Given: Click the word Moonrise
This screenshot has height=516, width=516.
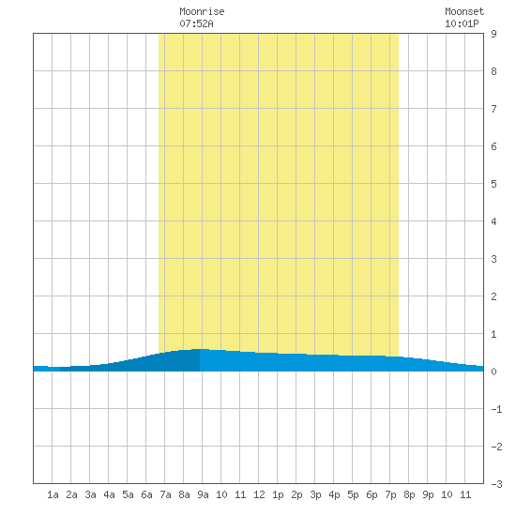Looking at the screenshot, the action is (202, 11).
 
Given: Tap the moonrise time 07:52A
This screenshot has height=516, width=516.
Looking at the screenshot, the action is (196, 23).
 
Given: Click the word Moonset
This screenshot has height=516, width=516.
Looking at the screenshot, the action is (464, 11).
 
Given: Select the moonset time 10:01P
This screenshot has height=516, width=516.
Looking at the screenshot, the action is (462, 23).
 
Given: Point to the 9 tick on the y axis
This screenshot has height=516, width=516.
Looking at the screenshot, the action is (493, 34).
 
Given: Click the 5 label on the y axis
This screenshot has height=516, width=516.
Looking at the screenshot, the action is (493, 184).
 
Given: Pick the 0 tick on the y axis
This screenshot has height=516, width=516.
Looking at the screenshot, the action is (493, 372).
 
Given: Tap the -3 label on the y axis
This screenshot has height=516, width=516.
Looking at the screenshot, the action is (496, 484).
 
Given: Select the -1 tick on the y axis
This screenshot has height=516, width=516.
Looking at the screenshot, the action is (496, 409).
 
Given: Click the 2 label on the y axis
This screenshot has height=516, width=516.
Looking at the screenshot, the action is (493, 296).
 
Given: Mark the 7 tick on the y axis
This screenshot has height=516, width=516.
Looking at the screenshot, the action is (493, 109).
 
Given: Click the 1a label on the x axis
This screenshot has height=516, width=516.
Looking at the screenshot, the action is (53, 494).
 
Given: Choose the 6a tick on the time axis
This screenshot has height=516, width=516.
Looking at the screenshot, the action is (146, 494).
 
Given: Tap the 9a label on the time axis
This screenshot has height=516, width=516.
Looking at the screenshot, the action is (203, 494).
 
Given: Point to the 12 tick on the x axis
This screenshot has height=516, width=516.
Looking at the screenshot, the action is (259, 494).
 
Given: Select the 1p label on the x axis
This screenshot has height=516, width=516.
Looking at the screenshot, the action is (278, 494).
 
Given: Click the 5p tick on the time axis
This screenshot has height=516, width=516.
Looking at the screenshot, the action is (353, 494).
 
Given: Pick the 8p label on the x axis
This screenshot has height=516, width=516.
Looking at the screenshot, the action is (409, 494).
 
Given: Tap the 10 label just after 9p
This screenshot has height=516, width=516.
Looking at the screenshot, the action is (447, 494).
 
